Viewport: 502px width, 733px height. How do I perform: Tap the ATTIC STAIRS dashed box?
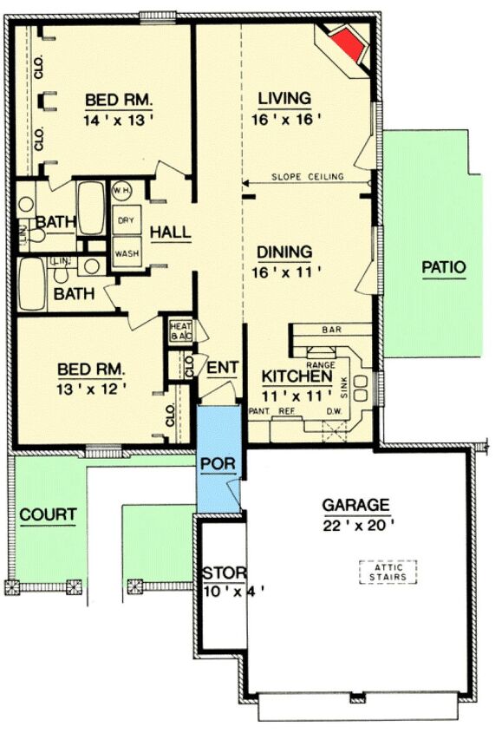click(388, 572)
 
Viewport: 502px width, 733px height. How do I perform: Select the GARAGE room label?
click(355, 504)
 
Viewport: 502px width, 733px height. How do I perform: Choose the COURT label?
click(48, 514)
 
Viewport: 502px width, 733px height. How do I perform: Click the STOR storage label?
click(225, 573)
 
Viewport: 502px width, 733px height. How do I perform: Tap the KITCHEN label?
click(297, 377)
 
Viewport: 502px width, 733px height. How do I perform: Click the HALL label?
click(171, 232)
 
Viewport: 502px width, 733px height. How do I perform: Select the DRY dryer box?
click(125, 221)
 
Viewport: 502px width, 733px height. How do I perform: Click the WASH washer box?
click(125, 253)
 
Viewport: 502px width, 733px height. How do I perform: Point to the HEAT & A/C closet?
click(180, 331)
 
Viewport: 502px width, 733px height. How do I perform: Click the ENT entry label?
click(222, 369)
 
